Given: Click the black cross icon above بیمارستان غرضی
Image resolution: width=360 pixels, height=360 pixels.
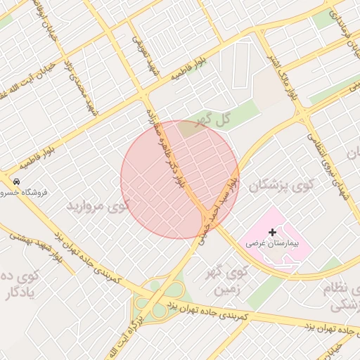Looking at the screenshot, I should click(x=273, y=232).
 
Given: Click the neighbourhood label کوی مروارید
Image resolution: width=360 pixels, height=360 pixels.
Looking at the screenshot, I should click(x=99, y=207).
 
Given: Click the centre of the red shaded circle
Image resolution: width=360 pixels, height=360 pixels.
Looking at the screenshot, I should click(x=180, y=179).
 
